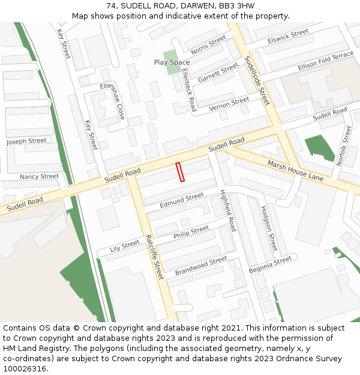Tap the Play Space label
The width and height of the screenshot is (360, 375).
pos(172,62)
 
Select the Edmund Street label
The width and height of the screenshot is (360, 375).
pos(182,201)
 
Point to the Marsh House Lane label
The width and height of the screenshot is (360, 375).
pos(295,171)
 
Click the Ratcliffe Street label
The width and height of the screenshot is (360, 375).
pos(154,257)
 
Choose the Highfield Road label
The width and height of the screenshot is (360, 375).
pos(228,211)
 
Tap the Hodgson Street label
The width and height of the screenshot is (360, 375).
pos(268,229)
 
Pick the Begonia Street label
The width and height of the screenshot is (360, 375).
pos(270,265)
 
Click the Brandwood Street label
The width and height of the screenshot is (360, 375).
pos(201,266)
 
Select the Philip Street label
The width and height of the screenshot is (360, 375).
pos(191,233)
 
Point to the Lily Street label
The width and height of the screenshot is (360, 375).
pos(125,245)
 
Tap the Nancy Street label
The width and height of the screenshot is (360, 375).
pos(39,177)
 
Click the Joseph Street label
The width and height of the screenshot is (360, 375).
pos(26,142)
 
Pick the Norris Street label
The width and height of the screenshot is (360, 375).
pos(208,45)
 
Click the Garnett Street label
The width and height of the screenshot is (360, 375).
pos(218,73)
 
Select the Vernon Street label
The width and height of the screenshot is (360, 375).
pos(229,104)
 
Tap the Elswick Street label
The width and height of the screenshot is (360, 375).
pos(289,37)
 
